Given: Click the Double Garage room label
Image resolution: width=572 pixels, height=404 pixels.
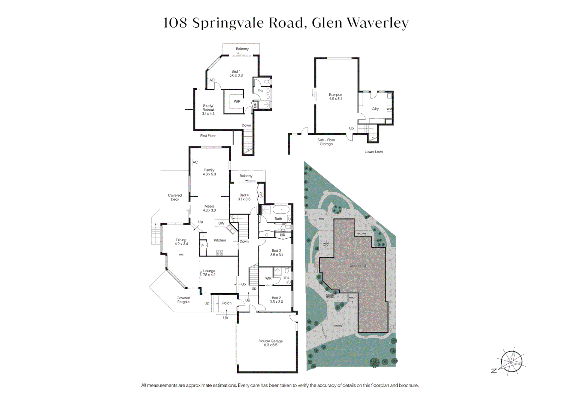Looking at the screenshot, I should click(x=270, y=343).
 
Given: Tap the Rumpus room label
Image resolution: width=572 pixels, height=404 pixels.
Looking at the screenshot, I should click(x=335, y=97).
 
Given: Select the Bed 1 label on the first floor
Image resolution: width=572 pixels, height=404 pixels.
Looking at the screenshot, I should click(x=236, y=73).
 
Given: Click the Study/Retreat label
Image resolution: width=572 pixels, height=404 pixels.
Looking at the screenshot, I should click(x=208, y=110).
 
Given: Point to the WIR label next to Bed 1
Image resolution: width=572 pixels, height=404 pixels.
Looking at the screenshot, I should click(x=237, y=101).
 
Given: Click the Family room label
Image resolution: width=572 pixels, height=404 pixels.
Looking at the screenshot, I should click(x=209, y=172).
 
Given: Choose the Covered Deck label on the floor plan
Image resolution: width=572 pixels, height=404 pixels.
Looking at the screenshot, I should click(x=175, y=197).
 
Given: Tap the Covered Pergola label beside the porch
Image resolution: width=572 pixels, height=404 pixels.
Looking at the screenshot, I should click(x=183, y=300).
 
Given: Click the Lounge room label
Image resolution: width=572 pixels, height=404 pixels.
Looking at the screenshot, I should click(x=209, y=273).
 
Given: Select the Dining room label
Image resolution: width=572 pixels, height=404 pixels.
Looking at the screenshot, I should click(x=181, y=242).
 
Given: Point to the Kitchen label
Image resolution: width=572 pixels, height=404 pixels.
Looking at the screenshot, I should click(x=220, y=240).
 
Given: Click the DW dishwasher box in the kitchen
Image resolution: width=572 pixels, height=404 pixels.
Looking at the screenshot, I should click(x=221, y=223).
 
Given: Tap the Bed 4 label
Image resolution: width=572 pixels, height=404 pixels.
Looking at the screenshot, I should click(x=244, y=197).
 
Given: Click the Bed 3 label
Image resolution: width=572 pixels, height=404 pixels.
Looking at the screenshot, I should click(x=276, y=253).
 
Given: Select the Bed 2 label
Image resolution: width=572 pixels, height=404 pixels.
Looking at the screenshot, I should click(x=276, y=300).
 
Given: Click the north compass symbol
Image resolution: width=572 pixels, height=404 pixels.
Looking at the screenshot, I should click(x=511, y=362).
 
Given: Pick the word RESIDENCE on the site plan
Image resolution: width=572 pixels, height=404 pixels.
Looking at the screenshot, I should click(x=358, y=266).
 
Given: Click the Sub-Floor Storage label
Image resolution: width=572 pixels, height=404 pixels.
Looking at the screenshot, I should click(x=326, y=142).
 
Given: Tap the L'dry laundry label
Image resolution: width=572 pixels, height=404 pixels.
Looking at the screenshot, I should click(x=375, y=108).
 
